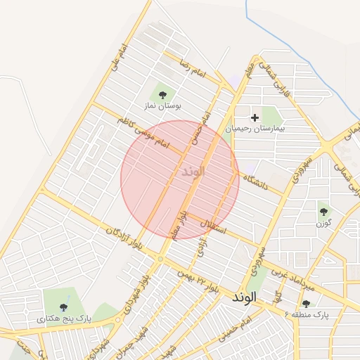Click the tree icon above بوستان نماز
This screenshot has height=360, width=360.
tap(162, 94)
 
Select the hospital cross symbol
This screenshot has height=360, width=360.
tap(255, 117)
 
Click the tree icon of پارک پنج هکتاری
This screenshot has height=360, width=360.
tap(64, 307)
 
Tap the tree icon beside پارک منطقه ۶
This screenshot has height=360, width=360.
tap(305, 304)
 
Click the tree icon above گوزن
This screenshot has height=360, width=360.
tap(323, 210)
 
